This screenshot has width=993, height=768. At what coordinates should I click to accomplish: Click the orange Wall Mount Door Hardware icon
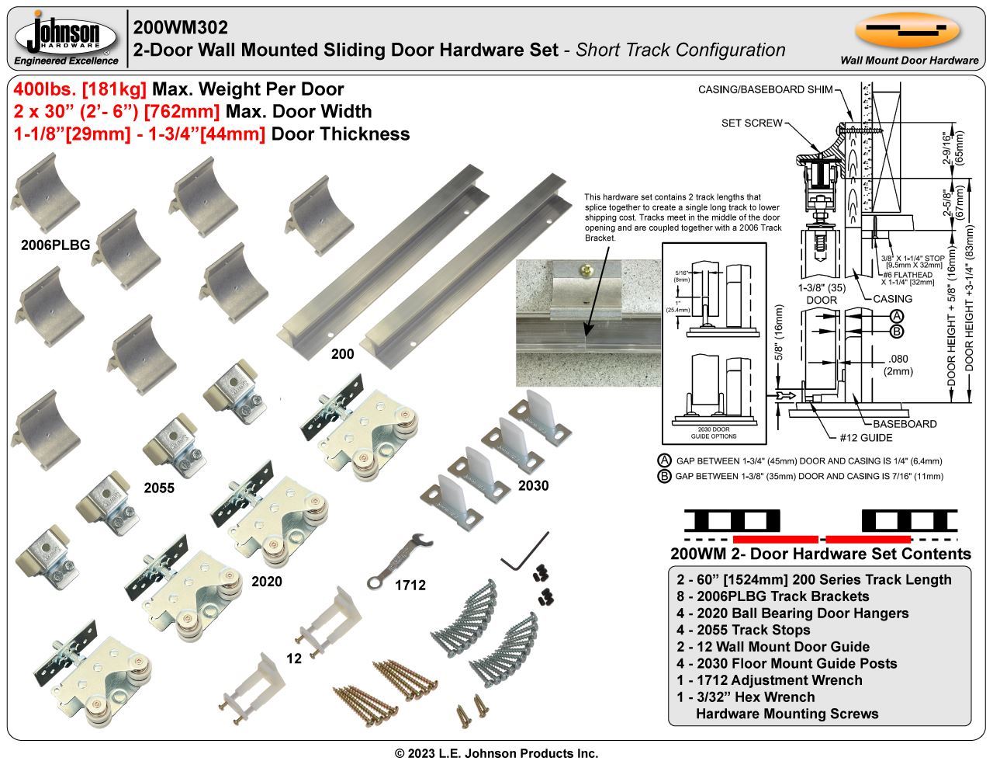[x=908, y=30]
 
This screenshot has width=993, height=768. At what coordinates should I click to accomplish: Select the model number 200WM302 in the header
[x=181, y=27]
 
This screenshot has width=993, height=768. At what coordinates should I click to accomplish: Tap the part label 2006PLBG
[x=55, y=245]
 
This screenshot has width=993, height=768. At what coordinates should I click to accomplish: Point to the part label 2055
[x=159, y=488]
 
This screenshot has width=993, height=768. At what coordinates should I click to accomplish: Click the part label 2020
[x=266, y=581]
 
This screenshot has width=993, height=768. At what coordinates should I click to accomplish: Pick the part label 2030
[x=533, y=486]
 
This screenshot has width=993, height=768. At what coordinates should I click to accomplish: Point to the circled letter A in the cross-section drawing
[x=896, y=316]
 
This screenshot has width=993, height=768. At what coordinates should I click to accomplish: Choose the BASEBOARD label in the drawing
[x=905, y=424]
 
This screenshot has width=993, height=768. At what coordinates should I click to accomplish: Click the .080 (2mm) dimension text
[x=898, y=364]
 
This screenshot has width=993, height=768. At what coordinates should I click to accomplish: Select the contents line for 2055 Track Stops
[x=743, y=630]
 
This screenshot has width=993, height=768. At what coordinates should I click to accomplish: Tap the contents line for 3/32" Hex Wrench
[x=746, y=697]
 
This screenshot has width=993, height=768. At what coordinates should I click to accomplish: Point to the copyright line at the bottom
[x=496, y=753]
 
